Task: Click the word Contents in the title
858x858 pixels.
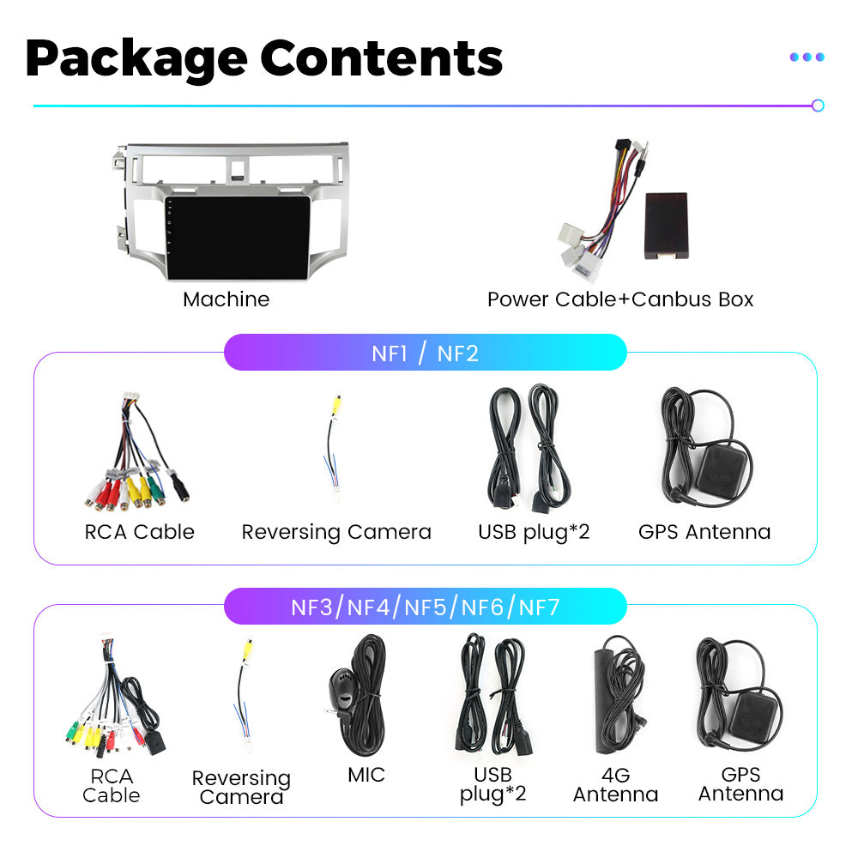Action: (382, 57)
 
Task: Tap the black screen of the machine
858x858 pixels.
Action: (238, 238)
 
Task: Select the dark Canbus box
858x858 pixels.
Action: (666, 226)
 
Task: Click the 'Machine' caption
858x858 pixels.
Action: (226, 299)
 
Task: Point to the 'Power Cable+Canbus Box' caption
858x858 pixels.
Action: (620, 299)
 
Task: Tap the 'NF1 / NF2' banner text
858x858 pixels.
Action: (426, 353)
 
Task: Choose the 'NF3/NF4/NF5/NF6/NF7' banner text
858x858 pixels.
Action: (426, 607)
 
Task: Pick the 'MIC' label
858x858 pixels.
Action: (366, 775)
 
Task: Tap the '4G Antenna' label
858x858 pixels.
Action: (615, 785)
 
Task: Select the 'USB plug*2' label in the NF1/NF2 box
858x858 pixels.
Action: (534, 532)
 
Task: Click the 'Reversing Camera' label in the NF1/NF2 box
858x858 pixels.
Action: (336, 532)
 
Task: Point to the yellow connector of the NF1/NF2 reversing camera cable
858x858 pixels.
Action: (337, 405)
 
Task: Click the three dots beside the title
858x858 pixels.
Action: (807, 57)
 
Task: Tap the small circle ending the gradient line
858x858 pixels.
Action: (818, 106)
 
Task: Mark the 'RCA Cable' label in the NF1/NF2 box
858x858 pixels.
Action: (140, 532)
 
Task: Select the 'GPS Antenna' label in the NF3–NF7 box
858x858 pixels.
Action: (741, 784)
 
